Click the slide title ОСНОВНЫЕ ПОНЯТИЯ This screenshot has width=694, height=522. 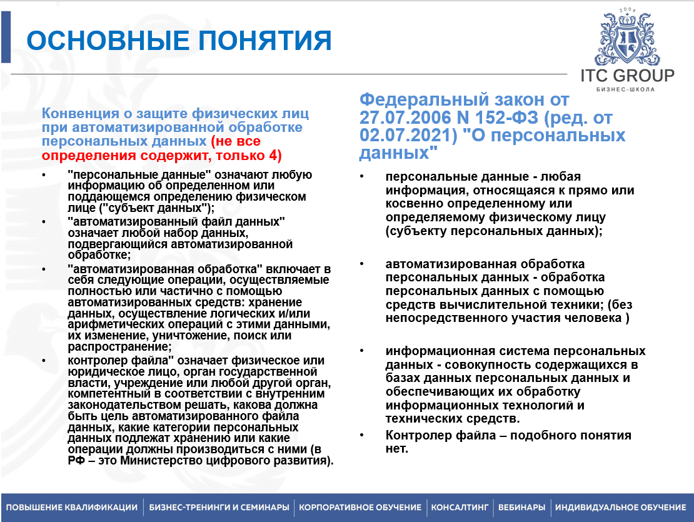(x=179, y=40)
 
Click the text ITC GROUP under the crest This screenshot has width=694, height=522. (x=627, y=76)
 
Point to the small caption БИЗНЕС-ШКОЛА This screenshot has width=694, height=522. (x=626, y=89)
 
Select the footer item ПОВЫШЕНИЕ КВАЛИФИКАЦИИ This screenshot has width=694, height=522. (x=72, y=507)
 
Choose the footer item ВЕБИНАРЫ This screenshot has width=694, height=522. (x=521, y=507)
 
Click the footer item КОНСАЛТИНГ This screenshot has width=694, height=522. (x=460, y=507)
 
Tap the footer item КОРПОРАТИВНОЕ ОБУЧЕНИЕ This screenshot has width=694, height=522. (x=360, y=507)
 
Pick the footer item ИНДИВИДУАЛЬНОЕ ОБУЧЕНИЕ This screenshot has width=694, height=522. (x=620, y=507)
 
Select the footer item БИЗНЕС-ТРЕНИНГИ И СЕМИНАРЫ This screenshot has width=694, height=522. (x=219, y=507)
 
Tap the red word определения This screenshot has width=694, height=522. (x=81, y=154)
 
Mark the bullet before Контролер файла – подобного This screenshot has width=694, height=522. (x=363, y=435)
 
